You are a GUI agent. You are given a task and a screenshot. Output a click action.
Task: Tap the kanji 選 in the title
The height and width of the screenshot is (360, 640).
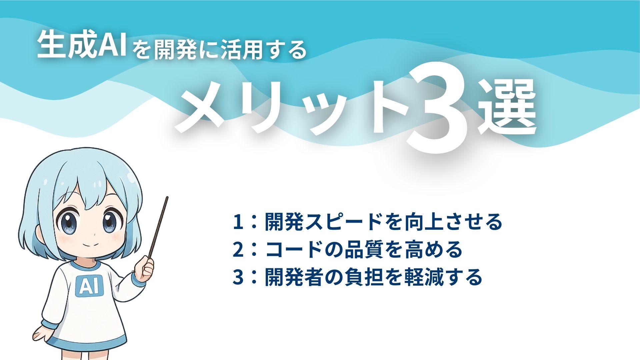click(507, 108)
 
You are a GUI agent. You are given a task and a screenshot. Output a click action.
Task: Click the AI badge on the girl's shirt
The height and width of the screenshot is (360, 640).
click(89, 286)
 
